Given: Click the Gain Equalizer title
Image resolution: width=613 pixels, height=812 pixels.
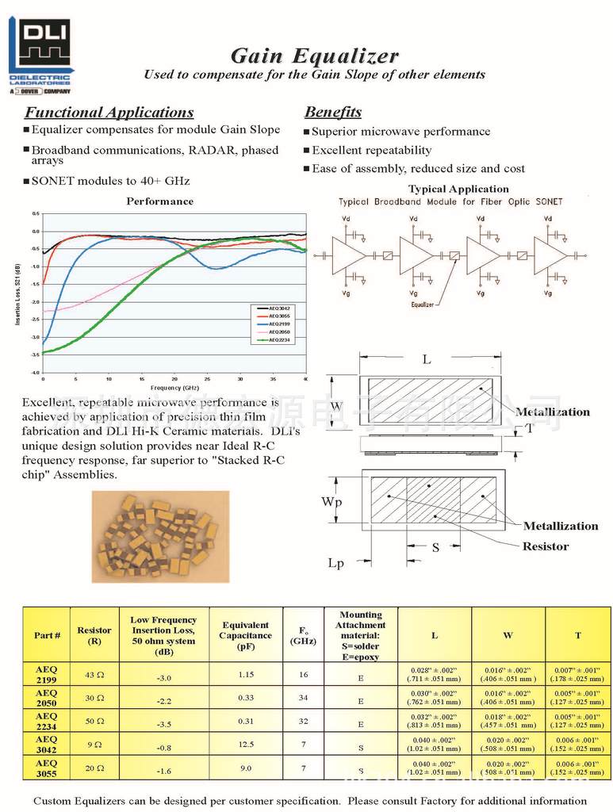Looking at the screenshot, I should pos(314,56).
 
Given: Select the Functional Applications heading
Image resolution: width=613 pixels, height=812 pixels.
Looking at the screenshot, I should pos(109,113).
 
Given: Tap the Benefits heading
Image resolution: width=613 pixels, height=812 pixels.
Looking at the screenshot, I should pos(333,112).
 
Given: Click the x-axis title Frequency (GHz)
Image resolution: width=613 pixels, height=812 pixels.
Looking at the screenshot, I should pos(174,388).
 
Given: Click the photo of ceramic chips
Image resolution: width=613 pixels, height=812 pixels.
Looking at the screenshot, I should pos(160,526).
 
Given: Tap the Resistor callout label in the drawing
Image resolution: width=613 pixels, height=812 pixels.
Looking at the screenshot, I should pos(545,546).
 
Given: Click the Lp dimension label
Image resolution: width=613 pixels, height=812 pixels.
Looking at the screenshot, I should pos(337,563).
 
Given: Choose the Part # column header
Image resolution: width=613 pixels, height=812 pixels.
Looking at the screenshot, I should pos(47,635).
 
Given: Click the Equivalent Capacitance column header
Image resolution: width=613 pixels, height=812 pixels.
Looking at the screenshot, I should pos(246,635).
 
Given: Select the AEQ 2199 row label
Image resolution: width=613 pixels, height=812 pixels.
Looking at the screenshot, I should pos(47,675).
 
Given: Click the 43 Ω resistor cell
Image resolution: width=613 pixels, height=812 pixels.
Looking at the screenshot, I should pos(94,675).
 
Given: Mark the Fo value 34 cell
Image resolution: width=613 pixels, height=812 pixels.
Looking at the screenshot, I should pos(303,699).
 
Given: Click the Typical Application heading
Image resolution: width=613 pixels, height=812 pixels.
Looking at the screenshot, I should pos(458,189).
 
